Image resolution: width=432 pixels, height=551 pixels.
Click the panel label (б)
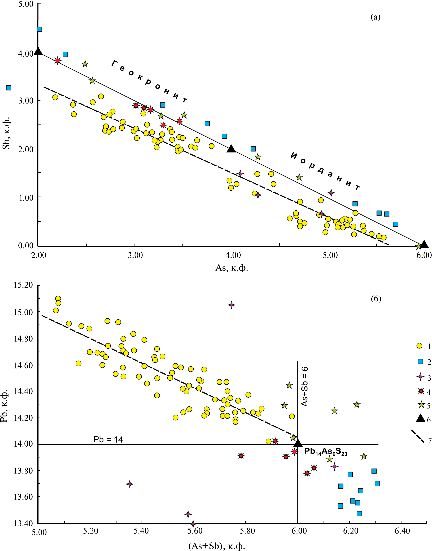[x=376, y=299]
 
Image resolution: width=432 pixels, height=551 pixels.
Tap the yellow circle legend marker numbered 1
[x=419, y=346]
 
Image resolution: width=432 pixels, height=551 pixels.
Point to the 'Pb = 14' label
[x=108, y=439]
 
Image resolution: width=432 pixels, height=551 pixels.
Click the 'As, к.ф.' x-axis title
[x=231, y=268]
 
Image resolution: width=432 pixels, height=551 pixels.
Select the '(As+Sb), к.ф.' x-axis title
[x=217, y=546]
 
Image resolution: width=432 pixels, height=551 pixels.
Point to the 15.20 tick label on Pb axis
[x=23, y=285]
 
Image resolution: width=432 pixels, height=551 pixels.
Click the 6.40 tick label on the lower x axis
[x=402, y=531]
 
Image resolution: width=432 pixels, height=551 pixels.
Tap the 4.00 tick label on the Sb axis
[x=26, y=54]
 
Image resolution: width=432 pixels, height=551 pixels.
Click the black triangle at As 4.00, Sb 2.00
[x=231, y=149]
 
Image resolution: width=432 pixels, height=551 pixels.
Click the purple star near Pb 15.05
[x=231, y=305]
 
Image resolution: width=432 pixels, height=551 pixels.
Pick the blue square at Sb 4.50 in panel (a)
[x=39, y=29]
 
